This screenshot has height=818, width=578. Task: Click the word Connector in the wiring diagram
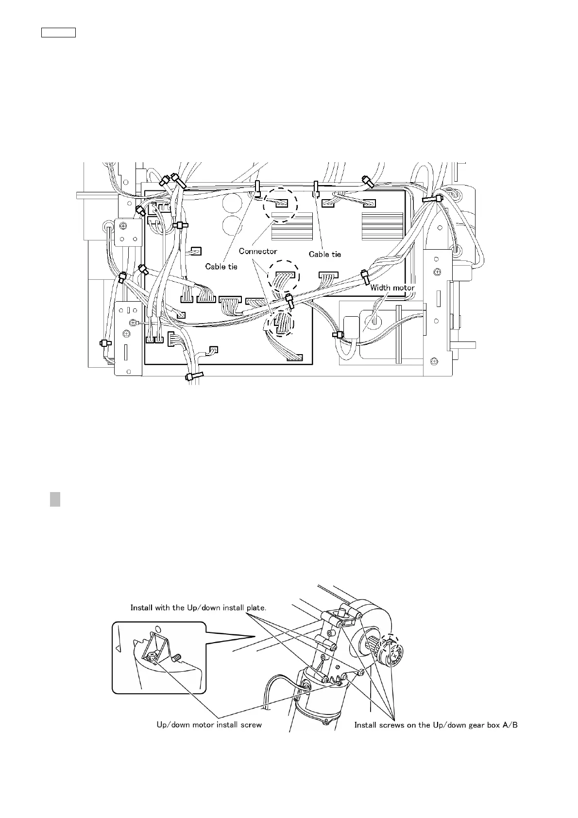[x=258, y=251]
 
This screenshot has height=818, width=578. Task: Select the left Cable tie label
[x=221, y=266]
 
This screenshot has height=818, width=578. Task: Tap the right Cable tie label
[x=325, y=254]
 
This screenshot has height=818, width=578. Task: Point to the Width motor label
[x=392, y=288]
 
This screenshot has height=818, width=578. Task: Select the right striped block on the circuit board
[x=382, y=226]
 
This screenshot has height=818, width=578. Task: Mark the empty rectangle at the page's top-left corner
[x=58, y=33]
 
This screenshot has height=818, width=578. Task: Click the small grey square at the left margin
[x=55, y=499]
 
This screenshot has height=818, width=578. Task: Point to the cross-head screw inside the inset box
[x=152, y=656]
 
